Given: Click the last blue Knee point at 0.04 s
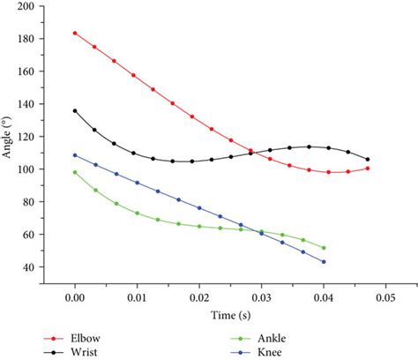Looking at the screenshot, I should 324,262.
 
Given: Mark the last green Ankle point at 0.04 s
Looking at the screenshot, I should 324,248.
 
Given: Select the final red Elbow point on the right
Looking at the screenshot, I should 368,169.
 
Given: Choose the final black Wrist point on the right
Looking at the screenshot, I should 368,160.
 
